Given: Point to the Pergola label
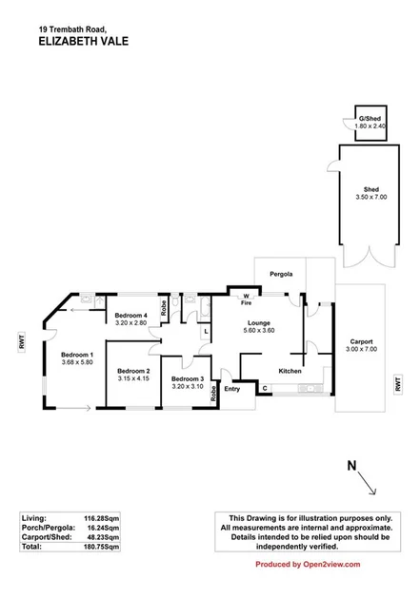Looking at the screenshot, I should (x=280, y=274).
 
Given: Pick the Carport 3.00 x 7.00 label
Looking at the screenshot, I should (x=361, y=345).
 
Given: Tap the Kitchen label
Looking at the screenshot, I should (x=290, y=371).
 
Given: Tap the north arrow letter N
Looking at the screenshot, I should (x=350, y=466).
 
